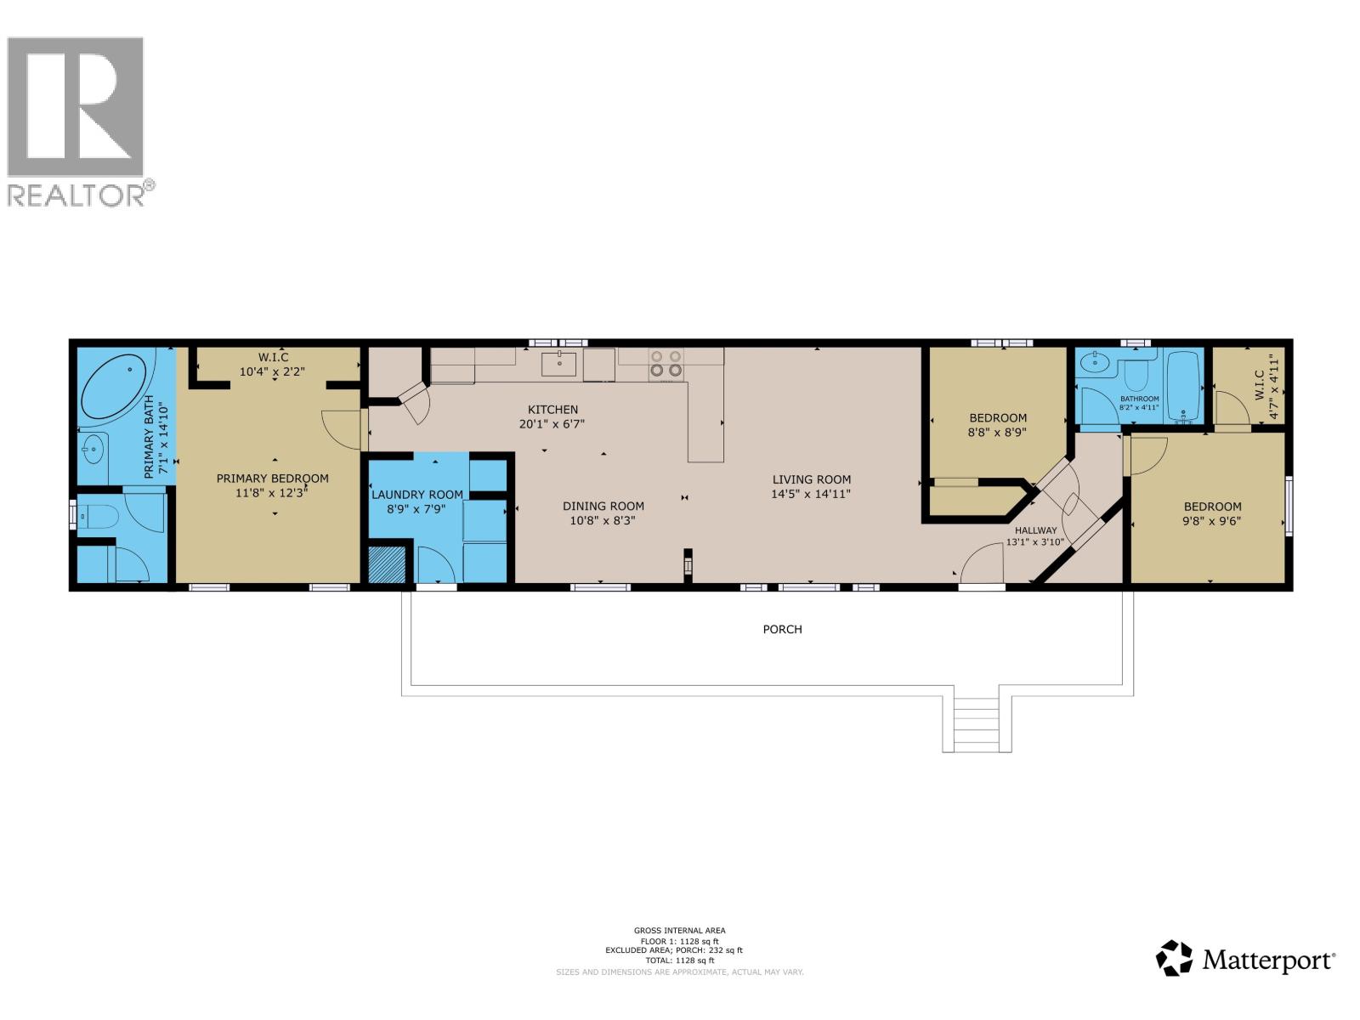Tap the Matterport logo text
tap(1266, 960)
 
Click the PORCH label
tap(782, 629)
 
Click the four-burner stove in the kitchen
tap(666, 364)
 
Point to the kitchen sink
tap(559, 364)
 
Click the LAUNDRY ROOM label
tap(416, 494)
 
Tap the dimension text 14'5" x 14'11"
tap(811, 494)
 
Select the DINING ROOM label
tap(603, 506)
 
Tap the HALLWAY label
tap(1035, 530)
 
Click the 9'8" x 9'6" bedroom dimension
tap(1212, 521)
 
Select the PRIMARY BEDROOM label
tap(272, 479)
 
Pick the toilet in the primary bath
tap(96, 515)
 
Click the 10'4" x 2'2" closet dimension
tap(272, 371)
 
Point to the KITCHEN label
tap(552, 410)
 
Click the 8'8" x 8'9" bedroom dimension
tap(998, 432)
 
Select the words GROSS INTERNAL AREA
tap(679, 931)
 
